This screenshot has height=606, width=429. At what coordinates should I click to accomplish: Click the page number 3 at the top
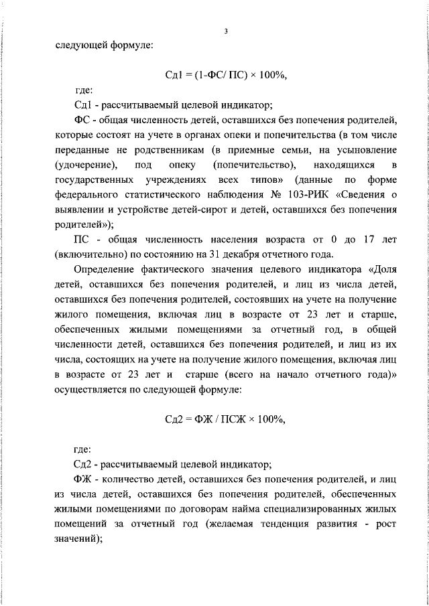tap(226, 31)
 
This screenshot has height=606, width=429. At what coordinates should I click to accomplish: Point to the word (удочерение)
tap(86, 165)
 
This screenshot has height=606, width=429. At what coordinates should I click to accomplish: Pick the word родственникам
tap(151, 150)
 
